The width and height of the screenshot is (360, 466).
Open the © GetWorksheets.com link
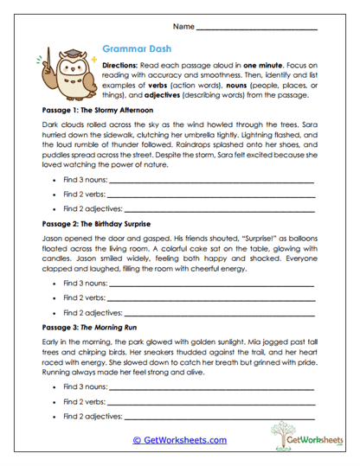[x=179, y=440]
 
